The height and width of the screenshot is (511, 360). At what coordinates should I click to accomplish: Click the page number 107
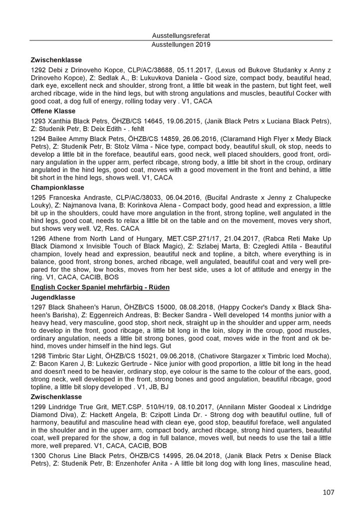click(328, 493)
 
